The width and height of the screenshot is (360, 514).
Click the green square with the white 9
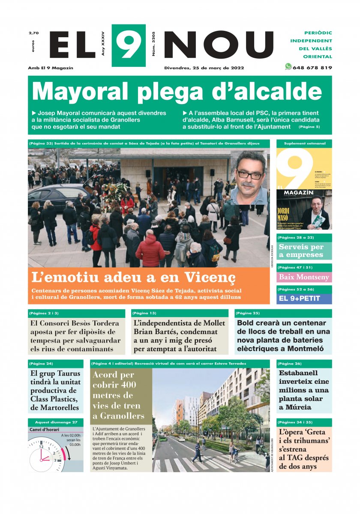129,45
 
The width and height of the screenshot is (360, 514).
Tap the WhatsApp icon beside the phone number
288,67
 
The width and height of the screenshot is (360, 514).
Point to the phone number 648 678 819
312,68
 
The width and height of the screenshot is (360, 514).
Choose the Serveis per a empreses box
304,251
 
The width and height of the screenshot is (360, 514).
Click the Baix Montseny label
304,277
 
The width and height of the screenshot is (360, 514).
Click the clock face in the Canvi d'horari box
45,455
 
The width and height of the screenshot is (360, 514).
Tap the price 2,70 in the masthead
33,33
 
